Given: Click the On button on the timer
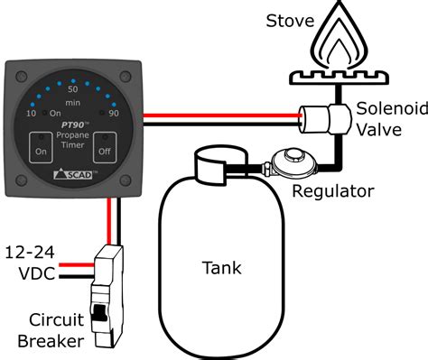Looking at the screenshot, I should (x=42, y=144).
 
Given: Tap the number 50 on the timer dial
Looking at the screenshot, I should (x=74, y=89).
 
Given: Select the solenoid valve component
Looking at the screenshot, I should (x=321, y=115).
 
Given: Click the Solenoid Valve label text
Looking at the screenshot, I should (x=386, y=118).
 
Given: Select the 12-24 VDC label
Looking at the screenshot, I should (x=33, y=262).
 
